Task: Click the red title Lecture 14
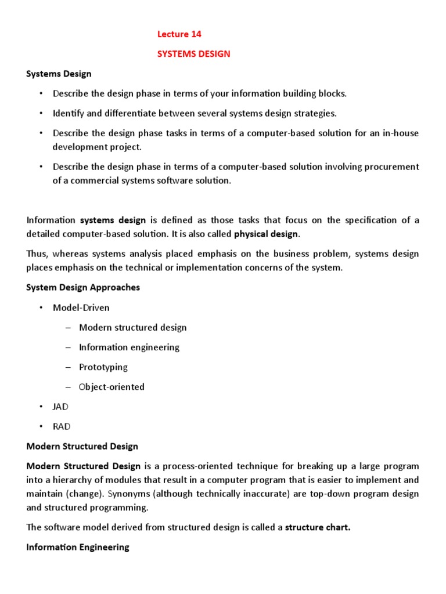pos(179,34)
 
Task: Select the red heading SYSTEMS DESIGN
pos(194,54)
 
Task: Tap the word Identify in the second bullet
pos(69,113)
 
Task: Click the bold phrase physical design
pos(266,234)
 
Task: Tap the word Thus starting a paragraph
pos(37,254)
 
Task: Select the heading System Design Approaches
pos(83,288)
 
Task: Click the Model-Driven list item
pos(81,307)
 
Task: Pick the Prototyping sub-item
pos(103,367)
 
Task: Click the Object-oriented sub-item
pos(111,387)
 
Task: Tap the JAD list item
pos(60,407)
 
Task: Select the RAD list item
pos(61,426)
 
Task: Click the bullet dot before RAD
pos(41,426)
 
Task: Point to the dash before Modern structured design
pos(68,328)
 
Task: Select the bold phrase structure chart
pos(317,527)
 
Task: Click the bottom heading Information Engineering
pos(78,547)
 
